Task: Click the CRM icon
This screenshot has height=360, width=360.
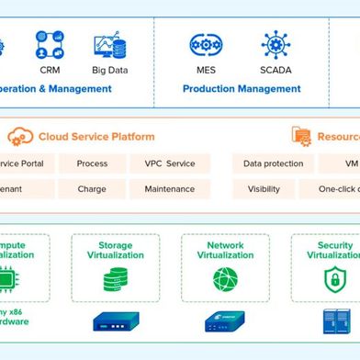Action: tap(51, 44)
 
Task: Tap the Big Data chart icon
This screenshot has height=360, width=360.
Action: tap(108, 46)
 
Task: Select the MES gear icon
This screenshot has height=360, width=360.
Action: tap(205, 45)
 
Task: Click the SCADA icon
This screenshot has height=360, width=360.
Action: tap(275, 45)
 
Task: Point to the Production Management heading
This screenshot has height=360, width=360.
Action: tap(242, 89)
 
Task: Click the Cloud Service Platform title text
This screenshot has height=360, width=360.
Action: tap(96, 137)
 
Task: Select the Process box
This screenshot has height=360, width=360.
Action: tap(92, 163)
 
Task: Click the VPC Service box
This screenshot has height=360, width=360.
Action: tap(170, 163)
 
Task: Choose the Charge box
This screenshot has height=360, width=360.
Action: tap(92, 189)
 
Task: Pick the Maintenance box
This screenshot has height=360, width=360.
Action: tap(170, 189)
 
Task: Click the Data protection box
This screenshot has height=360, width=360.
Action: tap(273, 163)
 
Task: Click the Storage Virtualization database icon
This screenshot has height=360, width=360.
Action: tap(116, 279)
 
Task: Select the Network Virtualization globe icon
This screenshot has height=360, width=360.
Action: tap(225, 279)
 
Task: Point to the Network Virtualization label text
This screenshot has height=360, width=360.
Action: tap(225, 251)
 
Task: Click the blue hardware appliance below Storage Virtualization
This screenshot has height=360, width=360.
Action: tap(116, 321)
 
